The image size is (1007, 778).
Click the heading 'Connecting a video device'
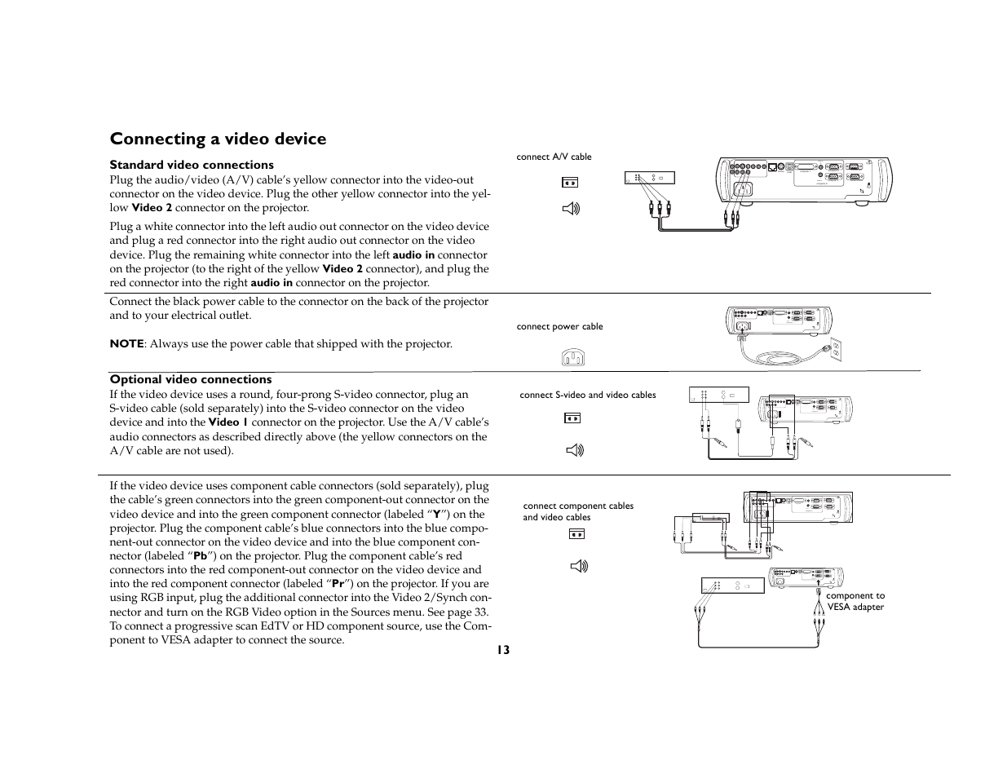click(x=218, y=139)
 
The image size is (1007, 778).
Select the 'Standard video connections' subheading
click(x=192, y=165)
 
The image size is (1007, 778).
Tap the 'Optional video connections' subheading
click(x=191, y=379)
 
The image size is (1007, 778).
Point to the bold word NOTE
click(x=126, y=344)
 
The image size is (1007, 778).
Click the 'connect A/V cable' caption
click(x=554, y=157)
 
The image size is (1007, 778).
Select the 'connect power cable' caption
click(x=559, y=326)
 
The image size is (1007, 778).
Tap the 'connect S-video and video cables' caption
click(x=587, y=395)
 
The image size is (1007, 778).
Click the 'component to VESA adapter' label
click(x=855, y=601)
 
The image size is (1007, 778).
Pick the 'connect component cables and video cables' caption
click(x=578, y=511)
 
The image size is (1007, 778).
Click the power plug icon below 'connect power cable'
click(x=573, y=357)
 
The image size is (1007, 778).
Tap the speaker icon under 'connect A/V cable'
click(x=571, y=209)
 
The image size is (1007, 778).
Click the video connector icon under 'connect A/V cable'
click(x=570, y=182)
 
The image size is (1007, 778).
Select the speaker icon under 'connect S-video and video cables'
click(x=574, y=449)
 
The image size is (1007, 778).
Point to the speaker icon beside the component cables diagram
click(x=579, y=565)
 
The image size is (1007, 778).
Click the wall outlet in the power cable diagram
click(x=834, y=350)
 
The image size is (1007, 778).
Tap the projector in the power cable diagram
click(x=779, y=320)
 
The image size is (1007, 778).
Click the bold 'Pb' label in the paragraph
click(x=200, y=556)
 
